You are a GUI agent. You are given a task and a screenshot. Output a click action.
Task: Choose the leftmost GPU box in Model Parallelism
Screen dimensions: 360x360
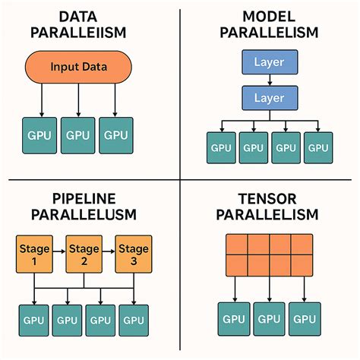coord(221,148)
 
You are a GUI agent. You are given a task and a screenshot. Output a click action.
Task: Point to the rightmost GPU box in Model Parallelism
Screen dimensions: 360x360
coord(317,148)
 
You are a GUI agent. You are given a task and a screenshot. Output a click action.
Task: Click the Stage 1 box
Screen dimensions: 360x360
coord(32,254)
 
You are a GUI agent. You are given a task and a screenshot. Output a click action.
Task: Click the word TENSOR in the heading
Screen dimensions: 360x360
coord(270,198)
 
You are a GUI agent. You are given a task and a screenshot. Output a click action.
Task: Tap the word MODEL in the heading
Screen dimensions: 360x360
coord(270,17)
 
